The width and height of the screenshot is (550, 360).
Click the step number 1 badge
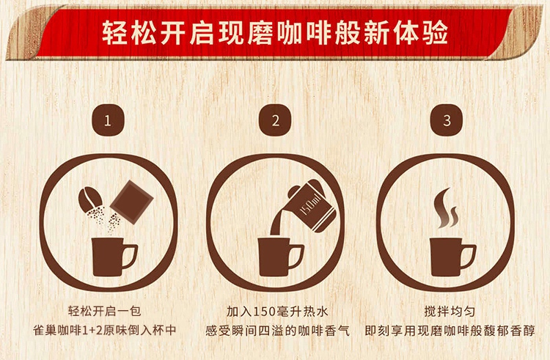click(108, 120)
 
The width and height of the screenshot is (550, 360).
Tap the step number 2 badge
click(275, 120)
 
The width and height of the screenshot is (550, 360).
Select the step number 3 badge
click(446, 120)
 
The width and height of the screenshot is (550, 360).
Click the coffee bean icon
click(89, 199)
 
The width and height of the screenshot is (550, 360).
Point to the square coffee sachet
click(132, 202)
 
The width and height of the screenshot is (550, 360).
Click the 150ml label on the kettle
click(311, 206)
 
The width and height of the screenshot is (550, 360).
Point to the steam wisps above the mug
click(445, 208)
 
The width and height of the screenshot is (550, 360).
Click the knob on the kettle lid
click(293, 192)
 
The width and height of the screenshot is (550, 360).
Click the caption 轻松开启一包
click(104, 311)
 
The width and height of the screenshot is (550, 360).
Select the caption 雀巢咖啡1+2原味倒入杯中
click(104, 330)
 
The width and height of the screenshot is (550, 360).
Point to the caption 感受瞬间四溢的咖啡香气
click(277, 331)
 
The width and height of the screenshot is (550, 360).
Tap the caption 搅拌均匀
click(450, 311)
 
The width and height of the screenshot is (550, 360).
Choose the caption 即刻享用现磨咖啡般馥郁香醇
click(450, 331)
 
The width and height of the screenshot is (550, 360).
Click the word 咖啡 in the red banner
click(304, 33)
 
